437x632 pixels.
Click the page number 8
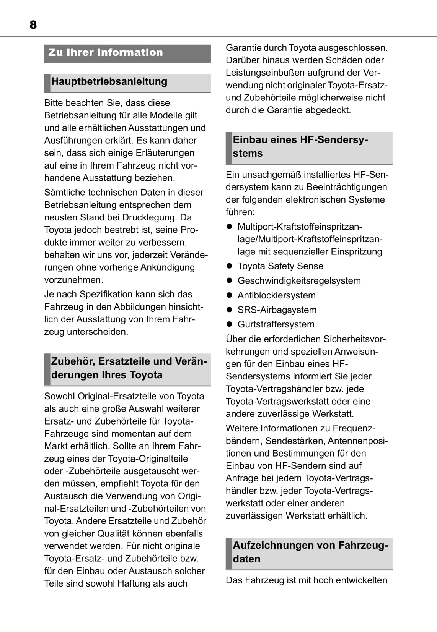click(33, 25)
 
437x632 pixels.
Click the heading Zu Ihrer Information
click(106, 52)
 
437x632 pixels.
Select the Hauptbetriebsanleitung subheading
click(109, 81)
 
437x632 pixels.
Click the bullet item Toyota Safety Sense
click(280, 266)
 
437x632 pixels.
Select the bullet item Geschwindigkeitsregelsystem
click(299, 280)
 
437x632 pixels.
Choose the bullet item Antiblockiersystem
click(276, 295)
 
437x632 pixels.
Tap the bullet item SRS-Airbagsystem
click(277, 310)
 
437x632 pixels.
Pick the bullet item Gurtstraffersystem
click(276, 324)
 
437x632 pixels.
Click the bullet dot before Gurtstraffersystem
click(230, 324)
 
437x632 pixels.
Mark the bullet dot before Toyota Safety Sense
click(230, 266)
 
